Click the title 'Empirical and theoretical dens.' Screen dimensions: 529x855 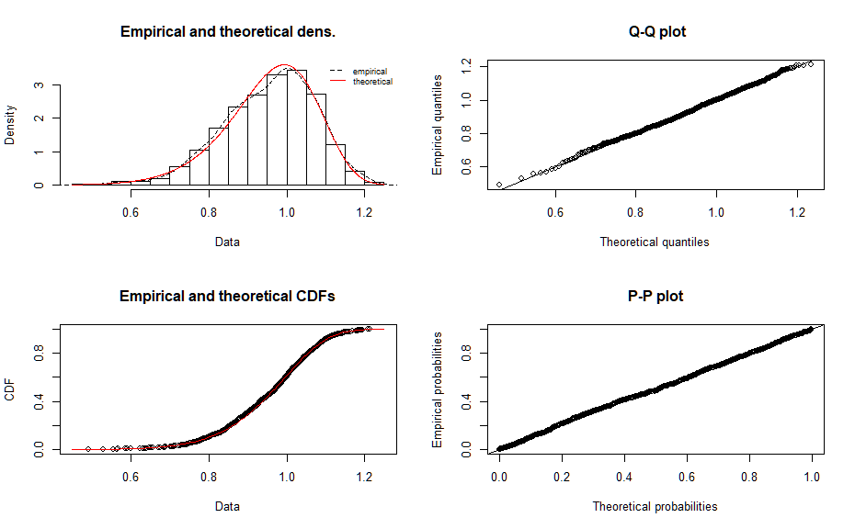tap(228, 32)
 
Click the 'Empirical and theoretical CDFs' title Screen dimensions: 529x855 tap(228, 297)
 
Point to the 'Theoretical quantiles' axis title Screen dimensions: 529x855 tap(655, 242)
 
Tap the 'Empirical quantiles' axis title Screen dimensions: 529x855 tap(439, 125)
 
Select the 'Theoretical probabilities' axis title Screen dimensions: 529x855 tap(655, 506)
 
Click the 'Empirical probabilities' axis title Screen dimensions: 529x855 tap(439, 389)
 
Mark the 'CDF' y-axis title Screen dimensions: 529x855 tap(11, 389)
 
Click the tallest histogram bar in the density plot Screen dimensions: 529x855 tap(296, 129)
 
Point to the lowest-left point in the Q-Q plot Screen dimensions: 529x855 tap(499, 185)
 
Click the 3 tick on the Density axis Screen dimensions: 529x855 tap(39, 85)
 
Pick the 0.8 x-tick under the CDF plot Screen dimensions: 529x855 tap(209, 478)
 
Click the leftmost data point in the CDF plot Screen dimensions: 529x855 tap(87, 449)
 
